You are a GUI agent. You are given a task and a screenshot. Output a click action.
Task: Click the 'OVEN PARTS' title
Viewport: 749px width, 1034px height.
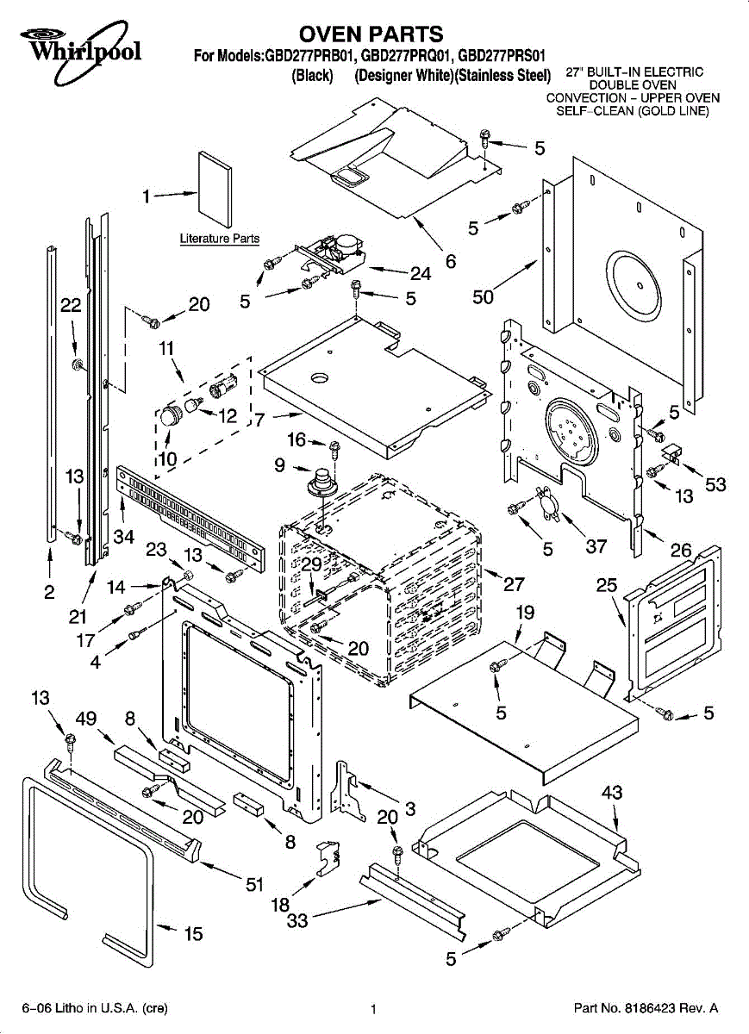point(371,34)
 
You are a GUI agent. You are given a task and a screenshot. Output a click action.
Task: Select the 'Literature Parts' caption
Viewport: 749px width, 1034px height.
point(219,239)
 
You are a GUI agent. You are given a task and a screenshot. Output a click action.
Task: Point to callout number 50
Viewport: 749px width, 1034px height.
point(484,297)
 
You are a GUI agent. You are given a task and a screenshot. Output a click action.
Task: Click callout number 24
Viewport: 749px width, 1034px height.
point(420,274)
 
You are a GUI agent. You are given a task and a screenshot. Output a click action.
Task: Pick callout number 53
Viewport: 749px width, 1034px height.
point(715,485)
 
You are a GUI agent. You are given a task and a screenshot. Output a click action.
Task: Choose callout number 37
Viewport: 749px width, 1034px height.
point(596,546)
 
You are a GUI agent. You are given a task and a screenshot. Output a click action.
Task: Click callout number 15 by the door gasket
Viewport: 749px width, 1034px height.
point(194,934)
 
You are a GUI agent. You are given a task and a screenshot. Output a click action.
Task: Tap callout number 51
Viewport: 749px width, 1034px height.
point(255,884)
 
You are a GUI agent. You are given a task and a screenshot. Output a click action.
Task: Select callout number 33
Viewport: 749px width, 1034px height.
point(297,921)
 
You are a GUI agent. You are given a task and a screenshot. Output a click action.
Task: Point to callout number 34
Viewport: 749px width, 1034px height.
point(124,538)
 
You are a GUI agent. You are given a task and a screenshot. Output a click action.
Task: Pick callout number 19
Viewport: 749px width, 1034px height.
point(524,614)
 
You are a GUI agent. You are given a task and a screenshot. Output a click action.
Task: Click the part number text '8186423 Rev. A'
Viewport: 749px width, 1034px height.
point(646,1008)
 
